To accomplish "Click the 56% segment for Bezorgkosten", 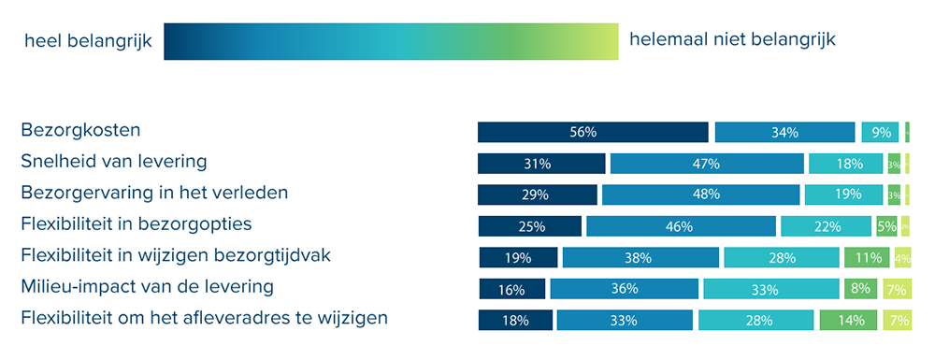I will (x=593, y=132).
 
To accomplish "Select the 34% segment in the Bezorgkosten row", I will (x=784, y=132).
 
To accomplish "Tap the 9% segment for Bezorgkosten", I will (x=880, y=132).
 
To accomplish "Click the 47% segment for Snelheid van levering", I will (x=707, y=164).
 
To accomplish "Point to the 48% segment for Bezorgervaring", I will (x=700, y=194).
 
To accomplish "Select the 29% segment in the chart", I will (x=537, y=194).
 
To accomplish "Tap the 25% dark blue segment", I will (x=529, y=226).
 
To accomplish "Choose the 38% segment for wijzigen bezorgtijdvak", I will (x=640, y=258).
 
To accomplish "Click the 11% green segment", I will (x=866, y=258).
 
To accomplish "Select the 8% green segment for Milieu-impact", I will (x=861, y=289).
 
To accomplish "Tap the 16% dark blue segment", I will (x=511, y=289).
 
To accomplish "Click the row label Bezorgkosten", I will (x=80, y=130).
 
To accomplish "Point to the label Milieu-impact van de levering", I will (x=147, y=287).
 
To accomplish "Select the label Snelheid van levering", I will (x=113, y=162).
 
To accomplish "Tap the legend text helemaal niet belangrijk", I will (x=732, y=39).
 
